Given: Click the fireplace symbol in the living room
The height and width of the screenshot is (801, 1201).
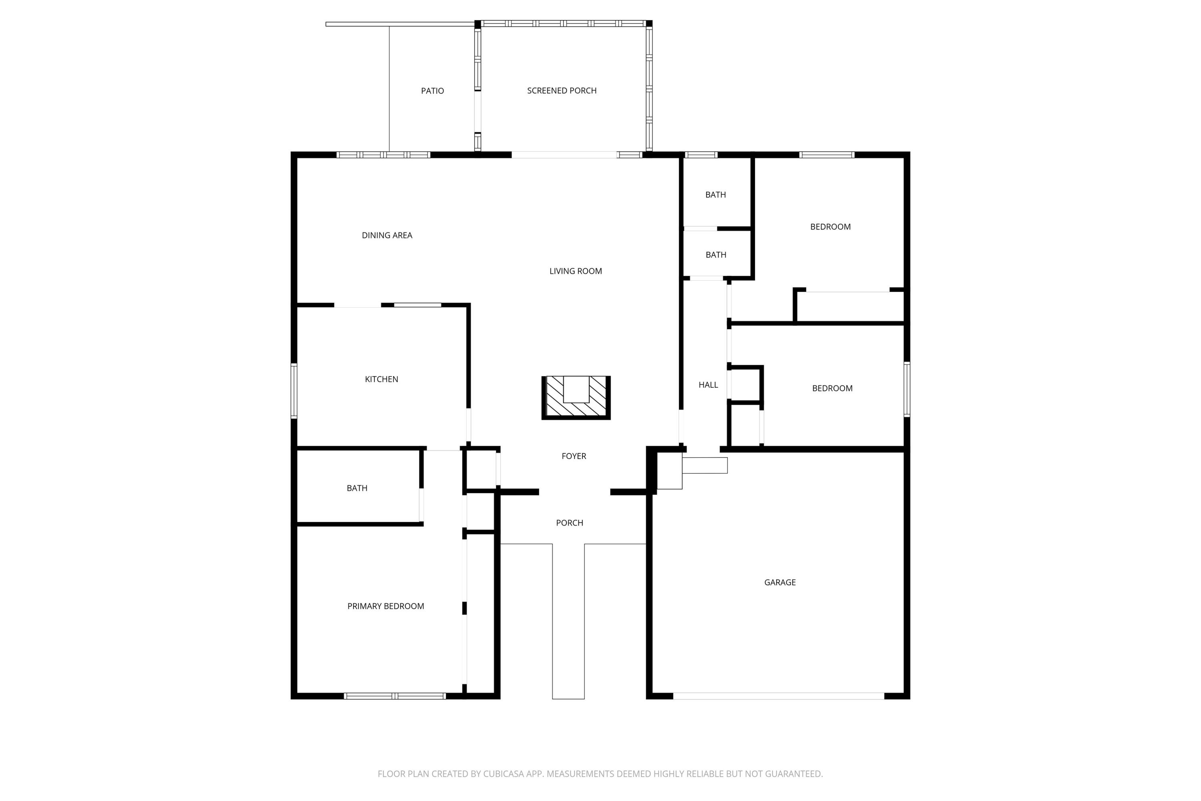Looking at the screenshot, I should tap(576, 398).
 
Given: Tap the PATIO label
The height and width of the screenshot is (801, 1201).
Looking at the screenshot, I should tap(432, 91).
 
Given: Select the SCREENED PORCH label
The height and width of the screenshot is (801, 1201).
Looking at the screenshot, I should tap(562, 91).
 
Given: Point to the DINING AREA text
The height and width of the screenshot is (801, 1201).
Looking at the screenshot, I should tap(387, 235).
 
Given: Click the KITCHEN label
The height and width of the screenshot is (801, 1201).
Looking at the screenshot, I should tap(382, 379).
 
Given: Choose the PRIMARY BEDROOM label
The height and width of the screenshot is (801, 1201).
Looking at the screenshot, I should tap(386, 606).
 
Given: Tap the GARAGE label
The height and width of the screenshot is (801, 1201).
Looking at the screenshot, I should tap(780, 582).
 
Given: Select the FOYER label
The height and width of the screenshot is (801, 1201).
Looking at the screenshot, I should tap(573, 456).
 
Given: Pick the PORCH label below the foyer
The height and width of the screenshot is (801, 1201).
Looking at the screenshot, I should tap(569, 523).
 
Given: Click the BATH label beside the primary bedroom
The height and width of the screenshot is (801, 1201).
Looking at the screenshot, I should tap(357, 488).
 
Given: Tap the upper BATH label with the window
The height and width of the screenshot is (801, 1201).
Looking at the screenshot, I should tap(715, 195).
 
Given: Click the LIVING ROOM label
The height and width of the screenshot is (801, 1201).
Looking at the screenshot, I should tap(576, 271).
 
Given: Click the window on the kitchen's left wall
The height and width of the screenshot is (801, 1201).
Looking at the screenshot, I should tap(294, 391).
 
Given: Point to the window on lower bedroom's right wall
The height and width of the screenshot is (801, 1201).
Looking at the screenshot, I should tap(907, 389).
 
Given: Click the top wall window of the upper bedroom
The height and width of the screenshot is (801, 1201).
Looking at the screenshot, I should tap(827, 155).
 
